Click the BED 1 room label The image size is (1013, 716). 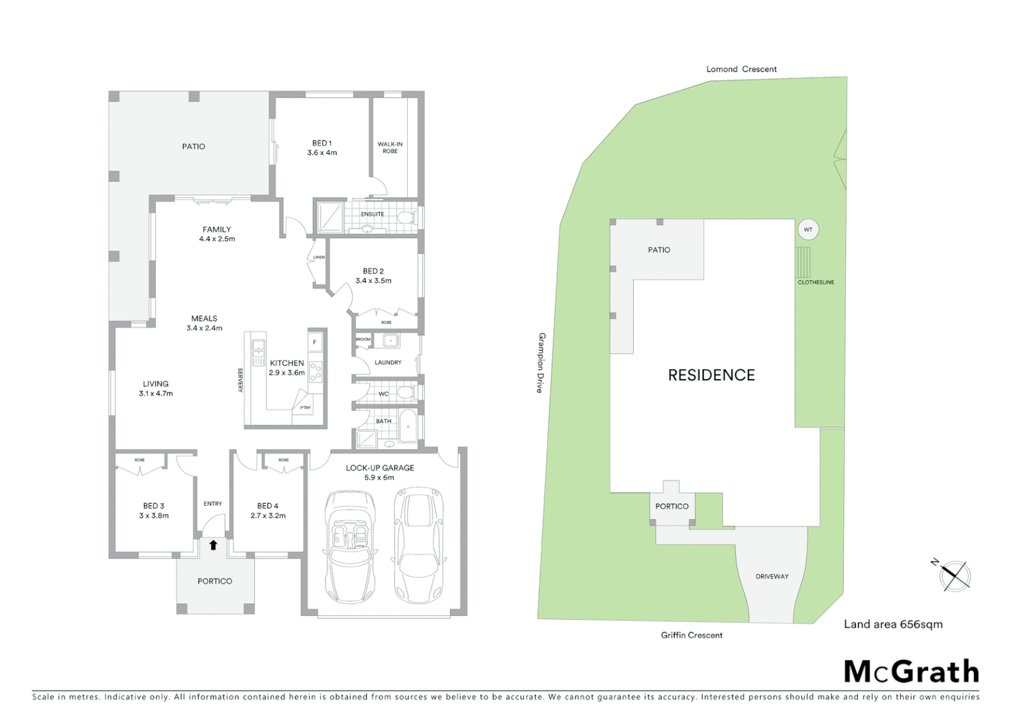322,147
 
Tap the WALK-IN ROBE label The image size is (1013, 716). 390,147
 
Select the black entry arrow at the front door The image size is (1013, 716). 213,545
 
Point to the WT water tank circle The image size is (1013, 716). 807,230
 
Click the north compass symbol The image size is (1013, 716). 953,574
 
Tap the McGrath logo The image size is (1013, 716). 911,672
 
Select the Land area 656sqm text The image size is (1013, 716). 892,624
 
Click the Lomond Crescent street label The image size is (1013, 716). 741,69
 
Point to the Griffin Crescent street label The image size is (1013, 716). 691,635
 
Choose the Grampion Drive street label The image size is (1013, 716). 541,363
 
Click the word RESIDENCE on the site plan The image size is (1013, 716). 711,375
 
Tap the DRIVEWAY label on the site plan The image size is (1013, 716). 772,576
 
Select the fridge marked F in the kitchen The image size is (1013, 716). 315,342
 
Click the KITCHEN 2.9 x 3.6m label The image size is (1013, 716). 286,367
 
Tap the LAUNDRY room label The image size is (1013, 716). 388,363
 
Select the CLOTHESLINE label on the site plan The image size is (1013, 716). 815,282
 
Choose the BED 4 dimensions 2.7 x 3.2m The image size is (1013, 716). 268,515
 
